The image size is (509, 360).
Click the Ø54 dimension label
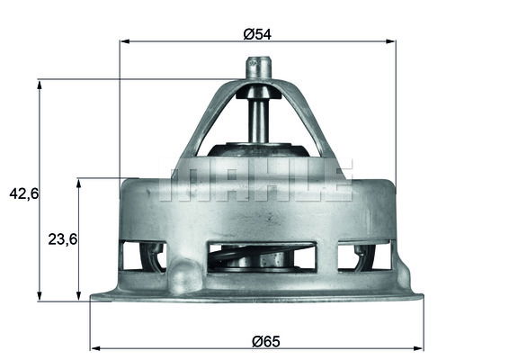point(257,34)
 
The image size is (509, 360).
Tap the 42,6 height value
point(22,193)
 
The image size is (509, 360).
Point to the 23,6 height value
point(62,238)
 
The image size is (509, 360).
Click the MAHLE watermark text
point(256,180)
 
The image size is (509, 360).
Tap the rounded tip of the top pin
point(259,63)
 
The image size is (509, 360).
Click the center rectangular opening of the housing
point(261,256)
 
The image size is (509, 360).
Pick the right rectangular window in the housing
point(364,256)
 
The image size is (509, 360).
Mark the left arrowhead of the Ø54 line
point(124,41)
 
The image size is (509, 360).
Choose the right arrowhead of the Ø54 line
point(391,41)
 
